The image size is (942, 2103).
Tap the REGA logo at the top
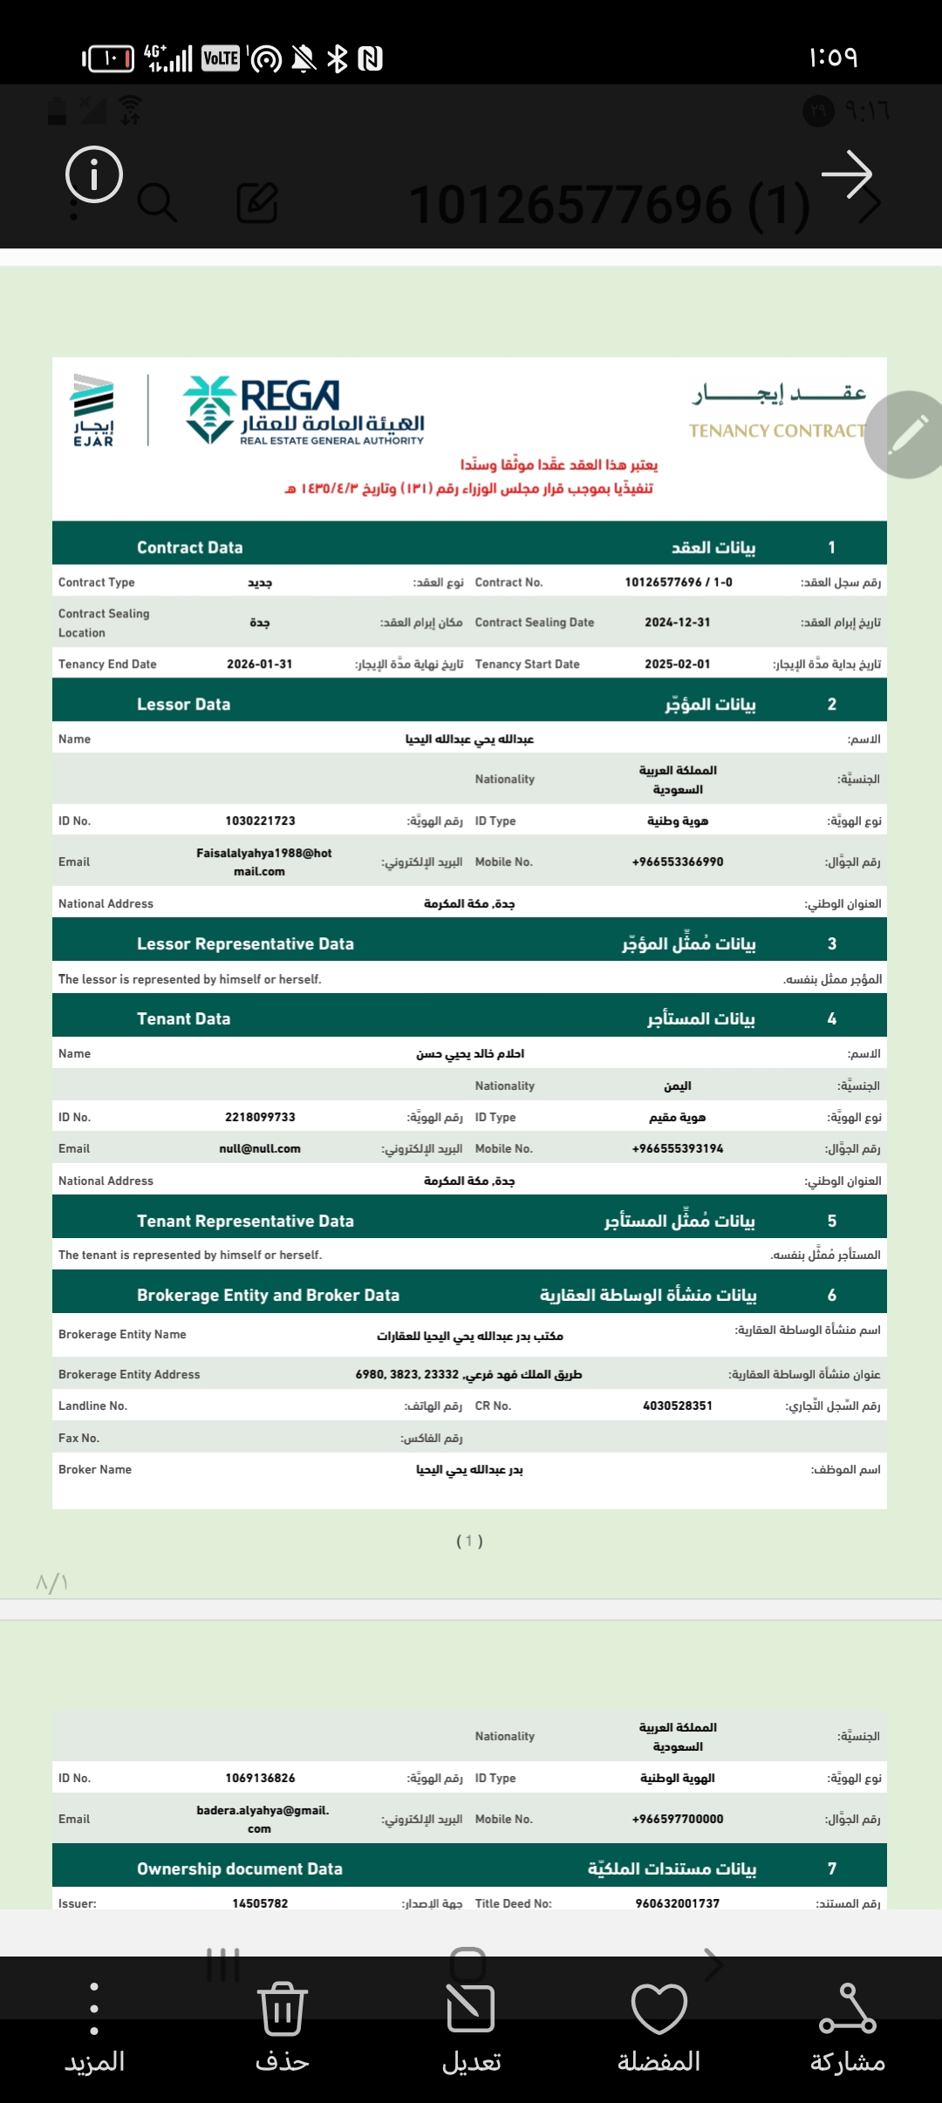pyautogui.click(x=304, y=411)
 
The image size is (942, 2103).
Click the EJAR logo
pyautogui.click(x=93, y=410)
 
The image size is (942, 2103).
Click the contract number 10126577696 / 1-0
pyautogui.click(x=678, y=582)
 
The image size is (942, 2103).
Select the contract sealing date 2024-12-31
pyautogui.click(x=678, y=623)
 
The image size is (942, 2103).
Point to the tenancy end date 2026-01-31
pyautogui.click(x=259, y=664)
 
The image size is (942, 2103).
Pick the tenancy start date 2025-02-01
pyautogui.click(x=678, y=664)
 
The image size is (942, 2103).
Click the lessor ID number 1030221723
pyautogui.click(x=260, y=821)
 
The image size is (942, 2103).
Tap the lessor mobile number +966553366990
pyautogui.click(x=678, y=862)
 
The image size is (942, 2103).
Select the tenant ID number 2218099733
pyautogui.click(x=260, y=1118)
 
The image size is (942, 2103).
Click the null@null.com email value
pyautogui.click(x=260, y=1149)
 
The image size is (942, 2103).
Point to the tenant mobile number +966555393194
pyautogui.click(x=678, y=1149)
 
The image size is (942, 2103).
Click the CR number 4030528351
pyautogui.click(x=678, y=1406)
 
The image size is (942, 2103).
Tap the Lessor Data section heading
pyautogui.click(x=183, y=704)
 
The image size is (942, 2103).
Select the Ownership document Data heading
pyautogui.click(x=239, y=1869)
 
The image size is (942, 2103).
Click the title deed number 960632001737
pyautogui.click(x=678, y=1903)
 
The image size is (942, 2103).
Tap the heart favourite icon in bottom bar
pyautogui.click(x=659, y=2009)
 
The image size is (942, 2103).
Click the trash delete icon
pyautogui.click(x=282, y=2009)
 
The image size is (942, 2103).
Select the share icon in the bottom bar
pyautogui.click(x=847, y=2009)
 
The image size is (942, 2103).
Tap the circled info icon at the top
pyautogui.click(x=94, y=174)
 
